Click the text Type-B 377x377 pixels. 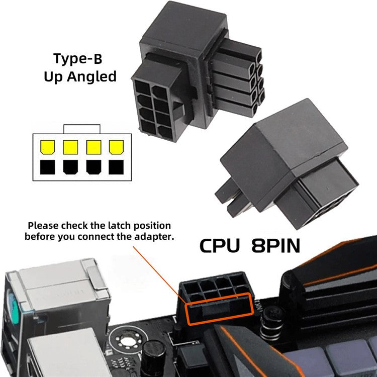coord(78,59)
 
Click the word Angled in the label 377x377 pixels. coord(93,77)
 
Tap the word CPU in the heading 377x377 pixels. coord(221,246)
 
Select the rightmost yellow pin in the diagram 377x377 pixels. coord(116,147)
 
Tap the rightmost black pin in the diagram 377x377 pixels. coord(116,166)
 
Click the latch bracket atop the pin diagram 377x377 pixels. coord(81,128)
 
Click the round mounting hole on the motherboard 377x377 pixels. coord(123,344)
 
